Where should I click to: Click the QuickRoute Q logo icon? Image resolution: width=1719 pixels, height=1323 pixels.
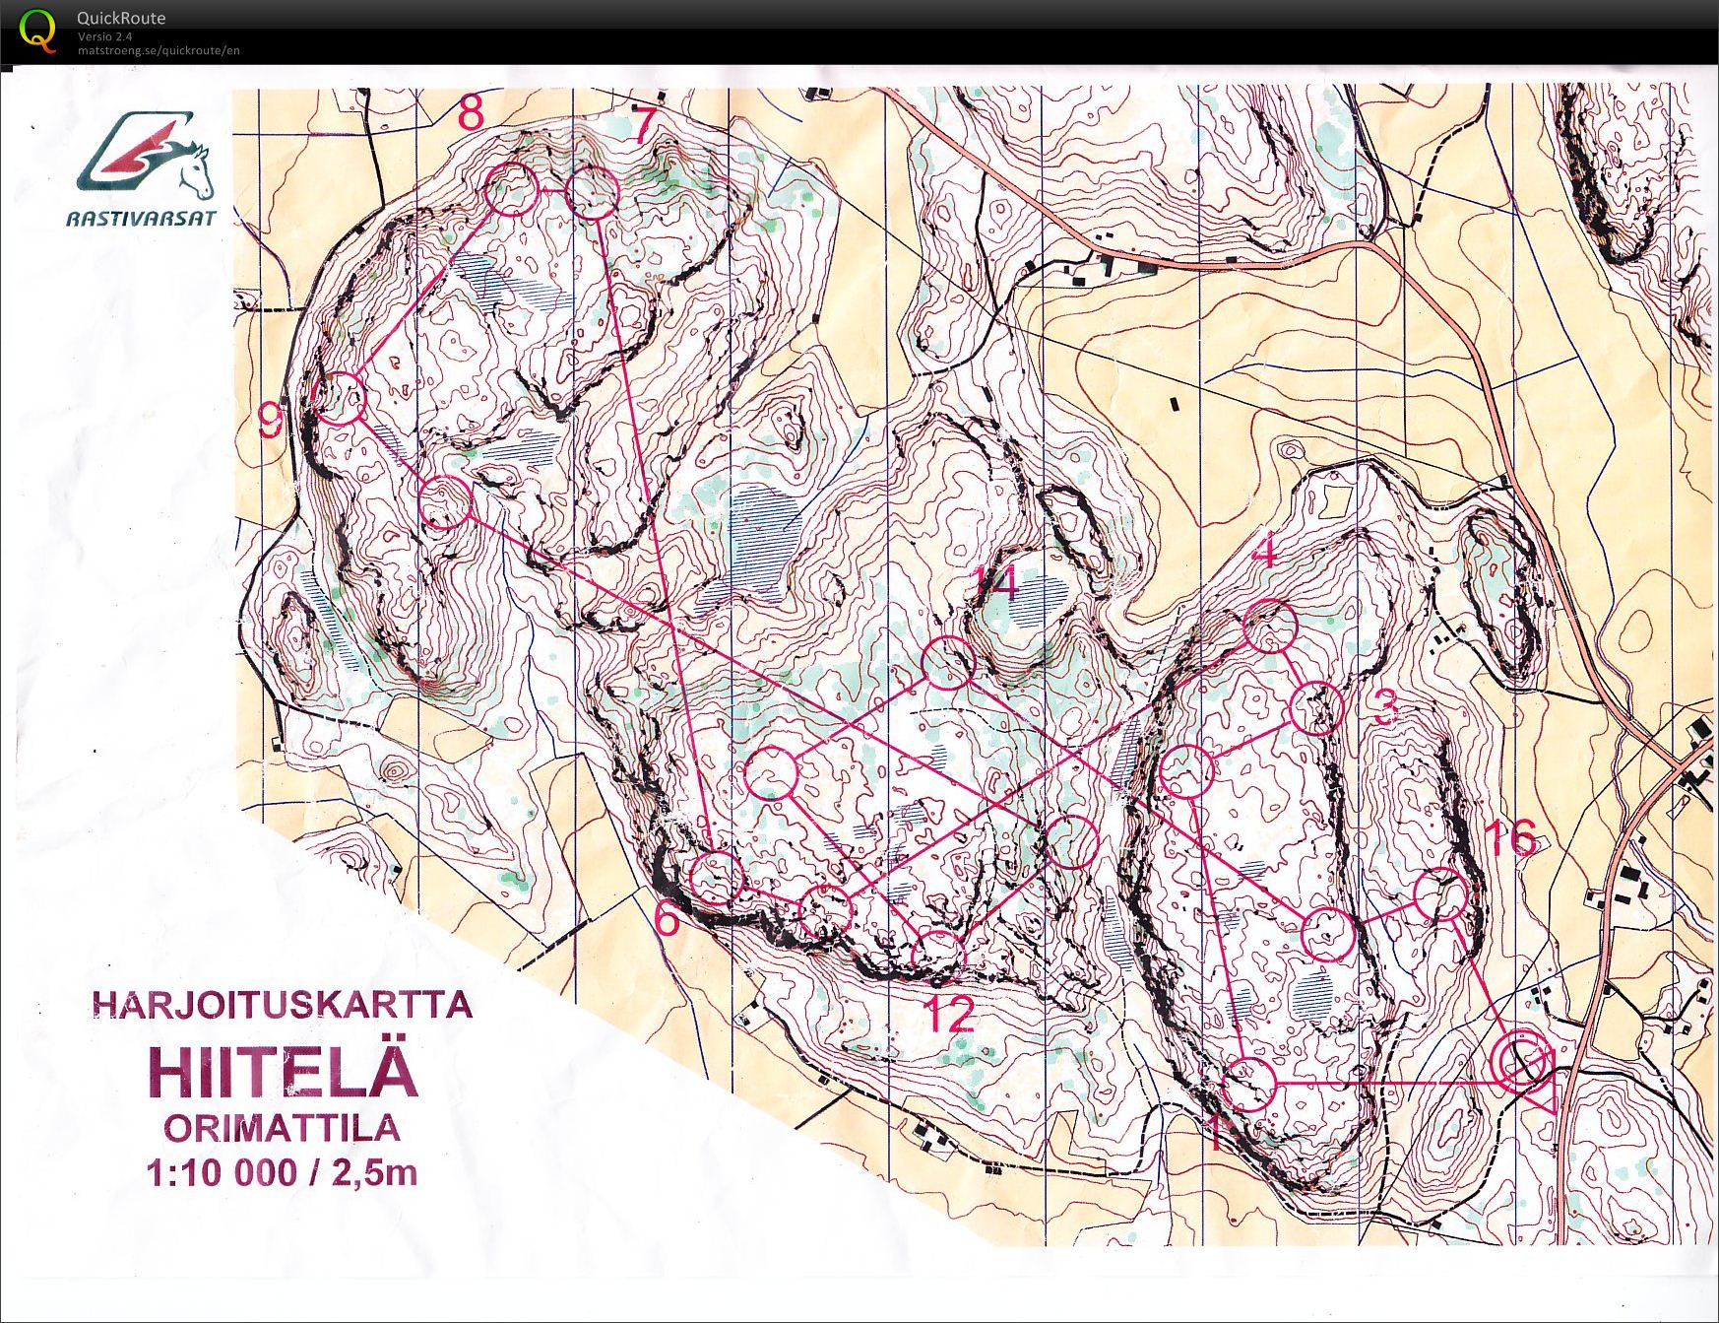click(x=37, y=30)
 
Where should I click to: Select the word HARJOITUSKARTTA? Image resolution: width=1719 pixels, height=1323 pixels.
click(x=282, y=1005)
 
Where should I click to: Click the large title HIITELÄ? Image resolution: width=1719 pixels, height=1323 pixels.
click(x=284, y=1072)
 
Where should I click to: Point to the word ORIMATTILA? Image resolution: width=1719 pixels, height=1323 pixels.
click(x=282, y=1128)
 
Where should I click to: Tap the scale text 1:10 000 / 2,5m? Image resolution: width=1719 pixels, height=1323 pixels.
click(x=282, y=1173)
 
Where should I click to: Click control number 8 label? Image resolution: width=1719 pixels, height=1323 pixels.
click(x=471, y=114)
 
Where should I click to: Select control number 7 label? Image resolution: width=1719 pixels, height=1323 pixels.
click(x=643, y=125)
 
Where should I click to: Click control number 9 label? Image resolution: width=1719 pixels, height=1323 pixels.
click(x=270, y=423)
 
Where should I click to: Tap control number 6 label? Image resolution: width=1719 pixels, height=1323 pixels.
click(x=667, y=920)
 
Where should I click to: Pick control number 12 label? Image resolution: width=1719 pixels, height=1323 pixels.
click(x=949, y=1015)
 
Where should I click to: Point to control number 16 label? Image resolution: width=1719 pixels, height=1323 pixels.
click(x=1508, y=839)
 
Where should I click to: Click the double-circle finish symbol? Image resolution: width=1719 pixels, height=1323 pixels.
click(x=1521, y=1061)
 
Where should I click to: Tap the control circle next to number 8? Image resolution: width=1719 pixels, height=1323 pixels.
click(x=513, y=190)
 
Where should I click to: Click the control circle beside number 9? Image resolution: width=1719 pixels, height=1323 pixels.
click(x=340, y=399)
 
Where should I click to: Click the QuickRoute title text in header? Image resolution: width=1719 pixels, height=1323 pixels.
click(x=121, y=18)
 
